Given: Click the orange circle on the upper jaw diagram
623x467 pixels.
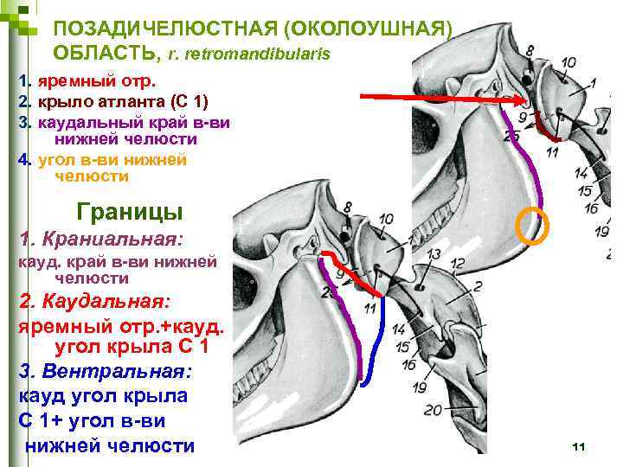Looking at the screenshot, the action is click(x=533, y=226).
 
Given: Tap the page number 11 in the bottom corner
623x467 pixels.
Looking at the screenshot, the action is click(x=579, y=446).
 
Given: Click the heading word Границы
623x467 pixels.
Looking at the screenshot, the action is click(x=130, y=210).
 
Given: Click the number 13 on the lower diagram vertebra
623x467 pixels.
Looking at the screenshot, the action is click(x=434, y=253).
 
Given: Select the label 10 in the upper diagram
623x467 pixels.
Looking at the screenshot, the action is click(x=568, y=62).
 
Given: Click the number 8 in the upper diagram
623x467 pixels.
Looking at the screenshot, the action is click(x=529, y=51).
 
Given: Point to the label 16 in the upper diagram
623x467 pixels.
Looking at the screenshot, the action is click(x=591, y=208).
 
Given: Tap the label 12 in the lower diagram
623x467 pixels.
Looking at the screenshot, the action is click(x=459, y=262).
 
